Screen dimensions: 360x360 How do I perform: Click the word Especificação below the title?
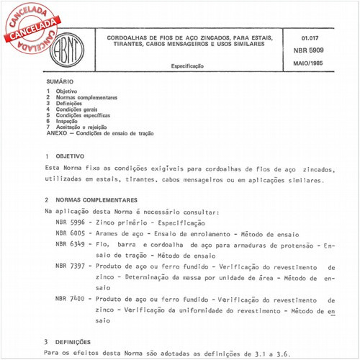click(187, 66)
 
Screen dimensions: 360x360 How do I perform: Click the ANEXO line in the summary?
click(99, 134)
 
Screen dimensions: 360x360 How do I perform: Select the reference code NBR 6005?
click(70, 234)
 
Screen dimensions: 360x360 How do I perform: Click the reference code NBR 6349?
click(70, 245)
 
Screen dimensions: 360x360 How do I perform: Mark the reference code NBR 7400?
click(70, 299)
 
